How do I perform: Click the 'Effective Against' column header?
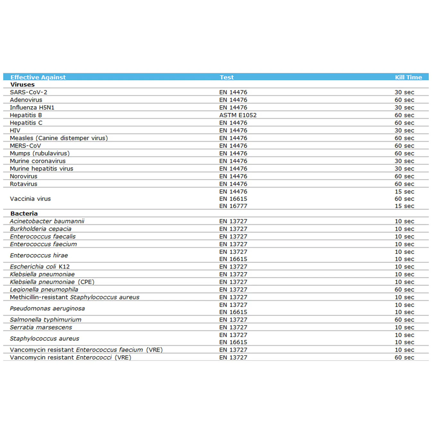tap(38, 77)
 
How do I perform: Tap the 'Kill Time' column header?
tap(408, 77)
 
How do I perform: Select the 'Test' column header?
tap(227, 77)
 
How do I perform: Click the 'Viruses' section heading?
tap(22, 84)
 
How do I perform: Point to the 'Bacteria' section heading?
tap(24, 213)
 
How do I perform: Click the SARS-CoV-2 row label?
tap(29, 92)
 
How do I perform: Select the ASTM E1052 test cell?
tap(238, 115)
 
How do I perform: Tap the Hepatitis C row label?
tap(26, 123)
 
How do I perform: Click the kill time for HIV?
tap(404, 130)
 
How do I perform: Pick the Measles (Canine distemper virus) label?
tap(59, 138)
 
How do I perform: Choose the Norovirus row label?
tap(23, 176)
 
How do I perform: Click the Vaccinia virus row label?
tap(30, 199)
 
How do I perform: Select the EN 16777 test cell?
tap(233, 206)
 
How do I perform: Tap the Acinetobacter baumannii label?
tap(47, 221)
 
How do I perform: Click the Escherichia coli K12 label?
tap(40, 266)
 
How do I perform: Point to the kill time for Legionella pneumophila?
tap(404, 289)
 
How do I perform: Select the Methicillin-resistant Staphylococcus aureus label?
tap(74, 297)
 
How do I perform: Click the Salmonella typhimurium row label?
tap(46, 320)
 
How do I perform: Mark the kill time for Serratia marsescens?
tap(404, 327)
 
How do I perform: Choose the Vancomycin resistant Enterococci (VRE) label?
tap(71, 357)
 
